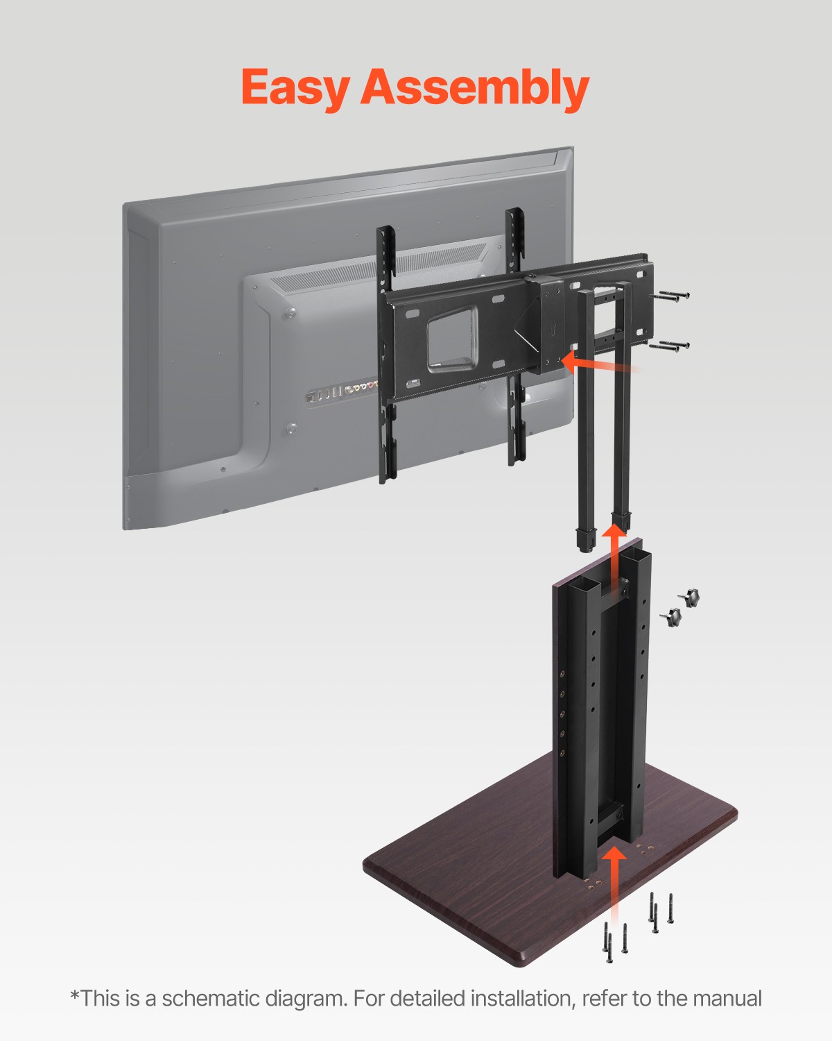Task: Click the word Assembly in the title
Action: (x=474, y=88)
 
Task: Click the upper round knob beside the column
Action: (x=689, y=597)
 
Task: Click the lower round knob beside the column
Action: (x=671, y=616)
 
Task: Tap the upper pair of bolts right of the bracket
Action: (x=670, y=296)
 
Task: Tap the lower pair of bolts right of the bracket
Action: (x=670, y=346)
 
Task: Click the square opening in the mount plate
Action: (x=452, y=339)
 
